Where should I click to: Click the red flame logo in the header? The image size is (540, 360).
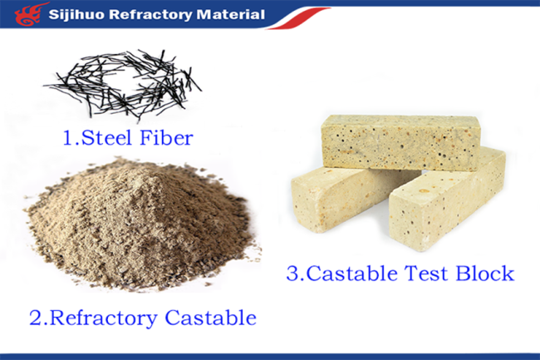(x=29, y=14)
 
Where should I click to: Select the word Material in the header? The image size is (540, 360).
(x=230, y=14)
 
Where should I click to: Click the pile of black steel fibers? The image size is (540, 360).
(x=123, y=84)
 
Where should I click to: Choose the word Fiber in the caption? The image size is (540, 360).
(x=166, y=137)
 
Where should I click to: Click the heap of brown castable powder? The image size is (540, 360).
(x=141, y=224)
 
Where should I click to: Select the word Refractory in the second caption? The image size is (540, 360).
(x=104, y=318)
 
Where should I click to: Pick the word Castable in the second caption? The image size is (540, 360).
(x=210, y=317)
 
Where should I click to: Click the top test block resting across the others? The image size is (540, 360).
(x=400, y=142)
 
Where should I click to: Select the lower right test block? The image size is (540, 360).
(x=447, y=199)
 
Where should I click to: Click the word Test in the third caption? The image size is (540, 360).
(x=426, y=274)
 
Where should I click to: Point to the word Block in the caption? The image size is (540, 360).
(x=485, y=274)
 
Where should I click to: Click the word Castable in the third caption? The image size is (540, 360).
(x=351, y=274)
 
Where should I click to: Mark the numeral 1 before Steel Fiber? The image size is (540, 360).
(x=68, y=138)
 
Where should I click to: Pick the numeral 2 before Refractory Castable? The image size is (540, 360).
(x=35, y=318)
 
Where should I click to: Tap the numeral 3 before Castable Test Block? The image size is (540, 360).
(x=293, y=274)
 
